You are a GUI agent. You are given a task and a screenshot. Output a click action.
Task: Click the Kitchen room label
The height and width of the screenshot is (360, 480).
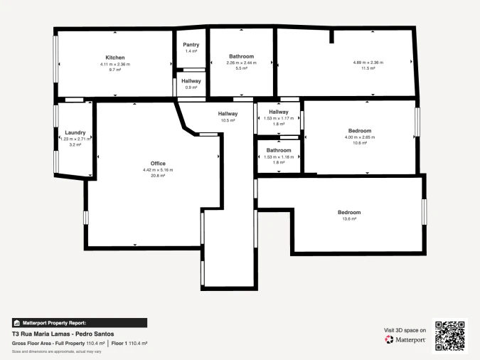coord(115,58)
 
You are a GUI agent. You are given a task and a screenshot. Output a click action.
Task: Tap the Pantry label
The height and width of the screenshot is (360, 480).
coord(191,45)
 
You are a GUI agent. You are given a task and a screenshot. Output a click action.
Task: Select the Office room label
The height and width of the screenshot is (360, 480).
coord(158,164)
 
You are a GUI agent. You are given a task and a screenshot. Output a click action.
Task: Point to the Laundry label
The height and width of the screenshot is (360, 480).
coord(75,132)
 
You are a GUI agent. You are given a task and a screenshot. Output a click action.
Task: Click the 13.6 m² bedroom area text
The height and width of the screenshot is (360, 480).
coord(349,219)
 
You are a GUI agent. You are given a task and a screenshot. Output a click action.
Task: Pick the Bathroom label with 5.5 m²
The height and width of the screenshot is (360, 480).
coord(241,56)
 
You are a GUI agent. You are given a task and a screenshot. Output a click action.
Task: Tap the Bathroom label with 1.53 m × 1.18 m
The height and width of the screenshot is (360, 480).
coord(279,150)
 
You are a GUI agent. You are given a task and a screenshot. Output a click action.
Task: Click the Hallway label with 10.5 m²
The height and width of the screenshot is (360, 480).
coord(228,114)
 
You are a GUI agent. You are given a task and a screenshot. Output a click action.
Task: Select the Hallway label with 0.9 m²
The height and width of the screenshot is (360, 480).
coord(191,81)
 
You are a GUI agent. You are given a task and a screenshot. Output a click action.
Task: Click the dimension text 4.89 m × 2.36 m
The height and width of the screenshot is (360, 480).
coord(368,63)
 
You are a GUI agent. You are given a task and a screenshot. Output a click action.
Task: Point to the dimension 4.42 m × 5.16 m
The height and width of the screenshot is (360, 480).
coord(158,170)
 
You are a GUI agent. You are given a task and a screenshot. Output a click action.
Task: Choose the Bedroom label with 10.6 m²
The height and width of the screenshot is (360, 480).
coord(360,131)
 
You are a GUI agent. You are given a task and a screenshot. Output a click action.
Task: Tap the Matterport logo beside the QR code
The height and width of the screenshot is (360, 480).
coord(405,340)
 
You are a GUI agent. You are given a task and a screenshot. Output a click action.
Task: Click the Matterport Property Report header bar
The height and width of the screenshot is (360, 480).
coord(80,322)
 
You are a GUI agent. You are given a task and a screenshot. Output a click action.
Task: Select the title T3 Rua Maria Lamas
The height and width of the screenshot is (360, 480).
coord(63,334)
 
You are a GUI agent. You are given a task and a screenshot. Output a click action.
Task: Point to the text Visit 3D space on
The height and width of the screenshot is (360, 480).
coord(405,330)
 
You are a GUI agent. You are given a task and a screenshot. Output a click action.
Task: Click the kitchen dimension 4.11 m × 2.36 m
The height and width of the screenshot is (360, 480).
coord(115,64)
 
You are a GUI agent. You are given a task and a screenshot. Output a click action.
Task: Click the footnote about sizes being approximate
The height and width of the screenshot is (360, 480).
coord(57,351)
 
